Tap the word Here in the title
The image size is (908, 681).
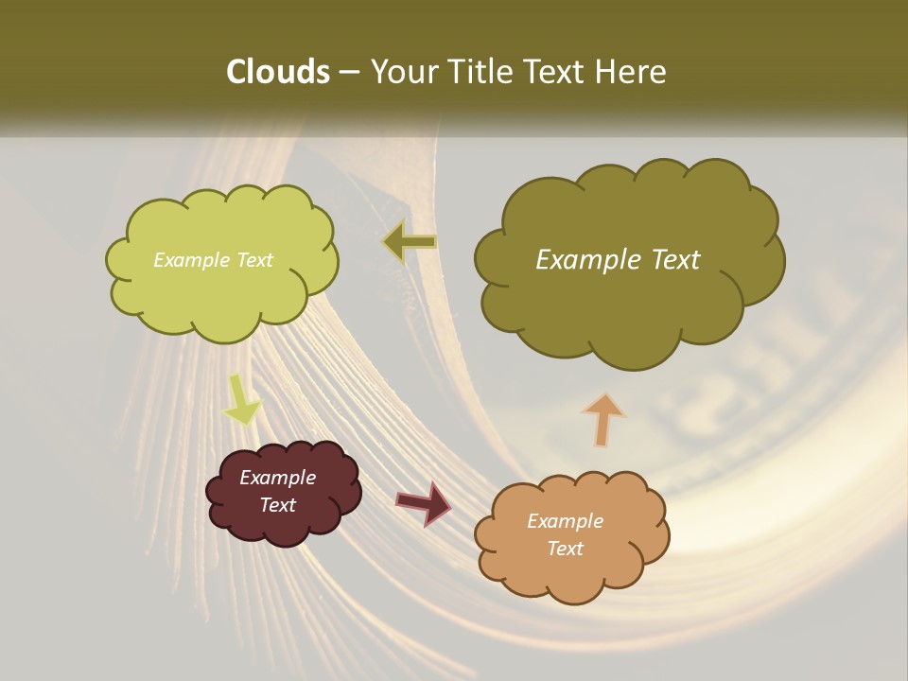click(x=633, y=72)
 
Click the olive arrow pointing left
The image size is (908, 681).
click(x=410, y=242)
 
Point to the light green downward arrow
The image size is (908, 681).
click(x=241, y=400)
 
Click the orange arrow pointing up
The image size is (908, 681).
click(x=602, y=419)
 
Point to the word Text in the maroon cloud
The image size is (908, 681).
click(x=278, y=505)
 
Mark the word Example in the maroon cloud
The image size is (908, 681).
click(x=278, y=478)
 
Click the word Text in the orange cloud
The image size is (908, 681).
click(x=566, y=549)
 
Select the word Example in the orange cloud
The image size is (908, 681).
click(x=566, y=521)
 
